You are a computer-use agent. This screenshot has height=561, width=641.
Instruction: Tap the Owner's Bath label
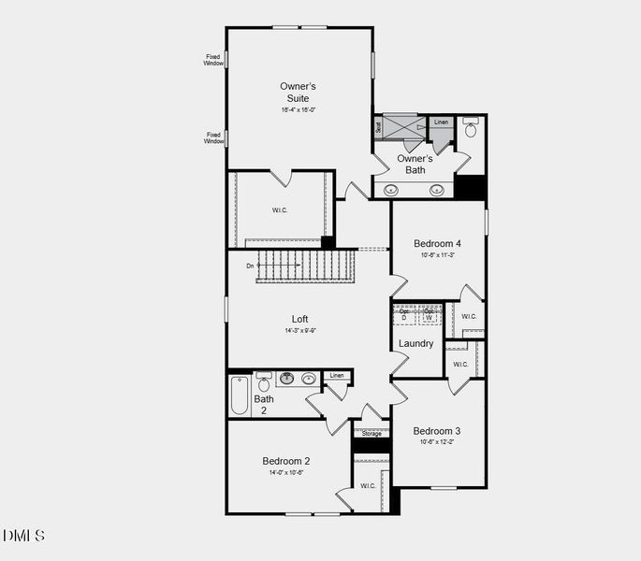click(415, 164)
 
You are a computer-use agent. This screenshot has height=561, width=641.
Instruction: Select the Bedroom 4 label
click(438, 244)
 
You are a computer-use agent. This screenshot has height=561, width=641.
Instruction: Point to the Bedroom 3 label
click(437, 431)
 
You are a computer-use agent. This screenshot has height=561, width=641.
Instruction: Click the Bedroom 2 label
click(285, 461)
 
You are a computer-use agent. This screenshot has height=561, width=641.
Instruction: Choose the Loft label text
click(299, 319)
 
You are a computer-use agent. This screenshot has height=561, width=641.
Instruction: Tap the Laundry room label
click(415, 343)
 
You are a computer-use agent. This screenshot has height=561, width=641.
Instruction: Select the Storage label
click(371, 434)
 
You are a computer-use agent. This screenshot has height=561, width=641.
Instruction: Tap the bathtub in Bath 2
click(240, 396)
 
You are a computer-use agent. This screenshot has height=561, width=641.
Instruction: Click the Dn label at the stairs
click(250, 266)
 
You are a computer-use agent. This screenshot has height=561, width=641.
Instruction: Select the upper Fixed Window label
click(214, 60)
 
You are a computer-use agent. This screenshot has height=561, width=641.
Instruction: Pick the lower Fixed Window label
click(214, 137)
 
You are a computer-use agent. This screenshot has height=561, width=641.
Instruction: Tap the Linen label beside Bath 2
click(337, 376)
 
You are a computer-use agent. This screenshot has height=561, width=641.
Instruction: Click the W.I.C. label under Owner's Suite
click(280, 210)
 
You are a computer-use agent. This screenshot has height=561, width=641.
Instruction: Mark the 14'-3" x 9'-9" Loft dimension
click(299, 330)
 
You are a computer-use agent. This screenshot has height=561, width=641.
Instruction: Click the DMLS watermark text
click(23, 536)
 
